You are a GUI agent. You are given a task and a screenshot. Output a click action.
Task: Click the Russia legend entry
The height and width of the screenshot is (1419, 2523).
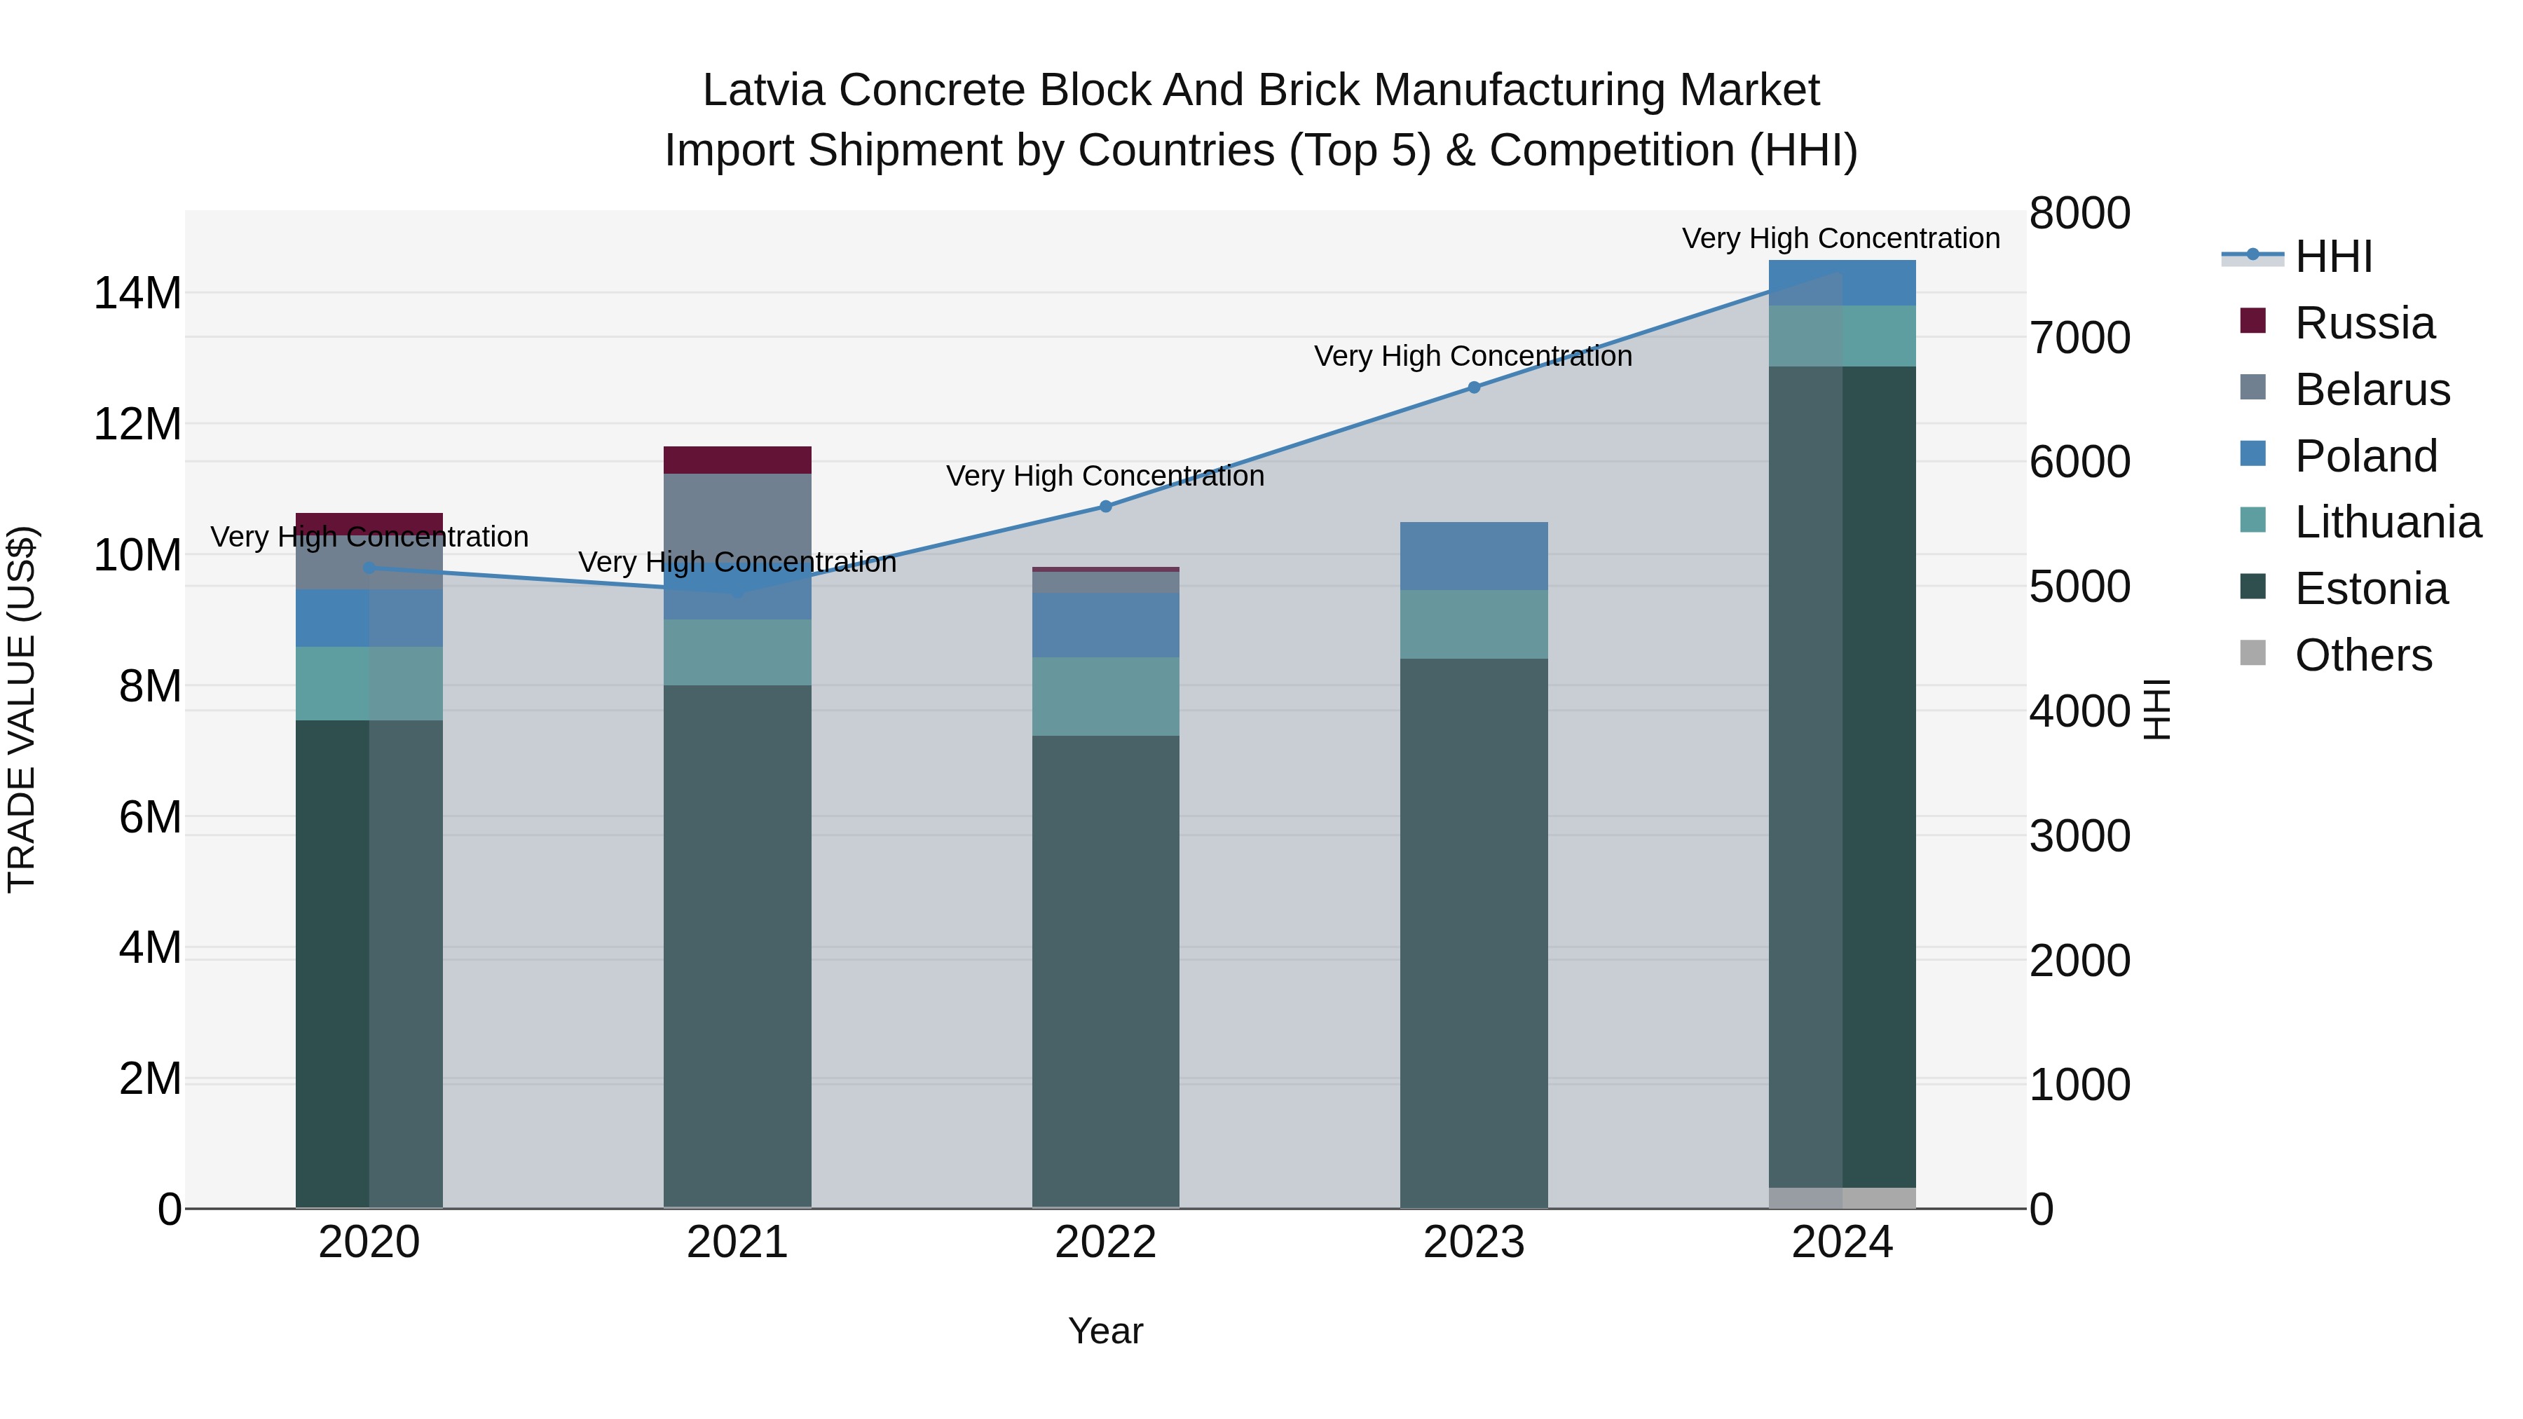(2363, 323)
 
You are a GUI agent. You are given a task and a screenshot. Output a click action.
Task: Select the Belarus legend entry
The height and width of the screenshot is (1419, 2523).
(2370, 390)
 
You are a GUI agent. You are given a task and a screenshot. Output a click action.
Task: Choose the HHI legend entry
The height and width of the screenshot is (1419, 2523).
(2332, 256)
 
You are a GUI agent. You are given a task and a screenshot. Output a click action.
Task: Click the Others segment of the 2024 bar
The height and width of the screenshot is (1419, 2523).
(1841, 1198)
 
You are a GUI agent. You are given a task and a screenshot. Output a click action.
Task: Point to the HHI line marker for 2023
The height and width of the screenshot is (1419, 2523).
(1473, 387)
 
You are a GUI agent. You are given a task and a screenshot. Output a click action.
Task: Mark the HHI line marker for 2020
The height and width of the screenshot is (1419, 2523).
(369, 567)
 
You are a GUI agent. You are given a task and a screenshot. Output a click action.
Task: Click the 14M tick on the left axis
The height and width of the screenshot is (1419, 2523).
(137, 293)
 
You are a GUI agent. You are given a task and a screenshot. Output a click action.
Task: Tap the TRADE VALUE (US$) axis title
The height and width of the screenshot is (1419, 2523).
(22, 709)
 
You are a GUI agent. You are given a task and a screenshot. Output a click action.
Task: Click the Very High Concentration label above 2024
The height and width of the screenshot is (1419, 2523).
(1840, 238)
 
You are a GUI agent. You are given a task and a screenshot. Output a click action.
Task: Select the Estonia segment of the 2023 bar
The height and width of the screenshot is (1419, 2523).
(1473, 931)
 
